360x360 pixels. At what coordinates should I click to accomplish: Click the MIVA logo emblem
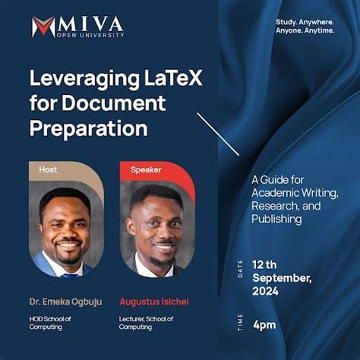[43, 27]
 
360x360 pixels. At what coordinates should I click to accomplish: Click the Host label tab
[48, 169]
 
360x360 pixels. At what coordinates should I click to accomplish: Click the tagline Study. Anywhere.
[305, 32]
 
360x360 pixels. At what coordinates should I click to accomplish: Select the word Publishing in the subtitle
[276, 219]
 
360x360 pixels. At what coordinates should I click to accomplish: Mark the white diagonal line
[219, 135]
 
